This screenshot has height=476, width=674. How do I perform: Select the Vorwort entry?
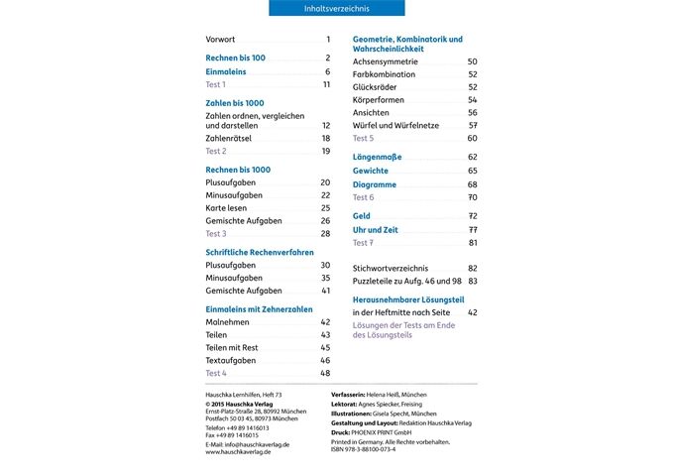220,39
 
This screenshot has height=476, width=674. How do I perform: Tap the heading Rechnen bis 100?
235,59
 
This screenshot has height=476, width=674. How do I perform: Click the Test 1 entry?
216,84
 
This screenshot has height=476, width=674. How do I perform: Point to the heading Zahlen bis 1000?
235,103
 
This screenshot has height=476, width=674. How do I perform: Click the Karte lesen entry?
228,208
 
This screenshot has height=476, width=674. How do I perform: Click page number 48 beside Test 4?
324,373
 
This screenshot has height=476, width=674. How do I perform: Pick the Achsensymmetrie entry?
386,61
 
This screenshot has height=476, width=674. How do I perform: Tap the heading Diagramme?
375,184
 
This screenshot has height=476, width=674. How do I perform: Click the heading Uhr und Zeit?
377,229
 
